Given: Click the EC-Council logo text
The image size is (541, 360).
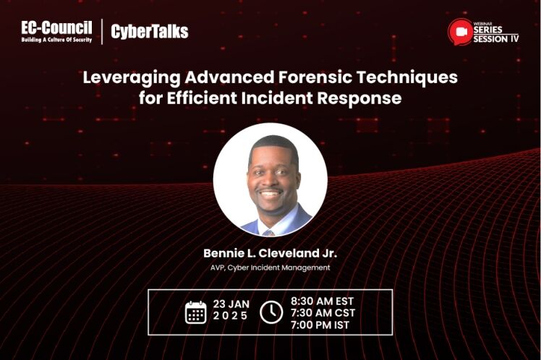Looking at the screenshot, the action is click(x=56, y=27).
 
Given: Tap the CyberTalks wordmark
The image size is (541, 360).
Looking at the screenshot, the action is click(x=150, y=32).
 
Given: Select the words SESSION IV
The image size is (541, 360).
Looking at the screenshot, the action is click(x=496, y=39).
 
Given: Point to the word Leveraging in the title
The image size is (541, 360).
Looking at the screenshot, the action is click(x=132, y=78).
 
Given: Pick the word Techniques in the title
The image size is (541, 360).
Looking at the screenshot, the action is click(x=407, y=77).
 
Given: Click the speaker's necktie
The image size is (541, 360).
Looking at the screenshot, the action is click(x=268, y=233).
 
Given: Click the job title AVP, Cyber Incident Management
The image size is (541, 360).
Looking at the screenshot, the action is click(x=270, y=267).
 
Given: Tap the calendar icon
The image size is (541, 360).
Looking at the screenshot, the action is click(x=195, y=312).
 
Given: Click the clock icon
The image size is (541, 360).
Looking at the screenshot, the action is click(x=271, y=312).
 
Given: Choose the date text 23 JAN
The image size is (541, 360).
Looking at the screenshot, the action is click(x=231, y=304).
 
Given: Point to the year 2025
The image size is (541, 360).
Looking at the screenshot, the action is click(x=231, y=316).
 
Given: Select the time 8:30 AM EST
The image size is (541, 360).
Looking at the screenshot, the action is click(x=323, y=301).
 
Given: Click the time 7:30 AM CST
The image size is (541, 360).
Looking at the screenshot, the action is click(x=323, y=313).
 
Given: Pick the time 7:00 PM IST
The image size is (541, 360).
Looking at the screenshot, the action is click(x=320, y=325).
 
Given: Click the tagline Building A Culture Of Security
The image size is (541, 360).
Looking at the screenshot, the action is click(x=56, y=40).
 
